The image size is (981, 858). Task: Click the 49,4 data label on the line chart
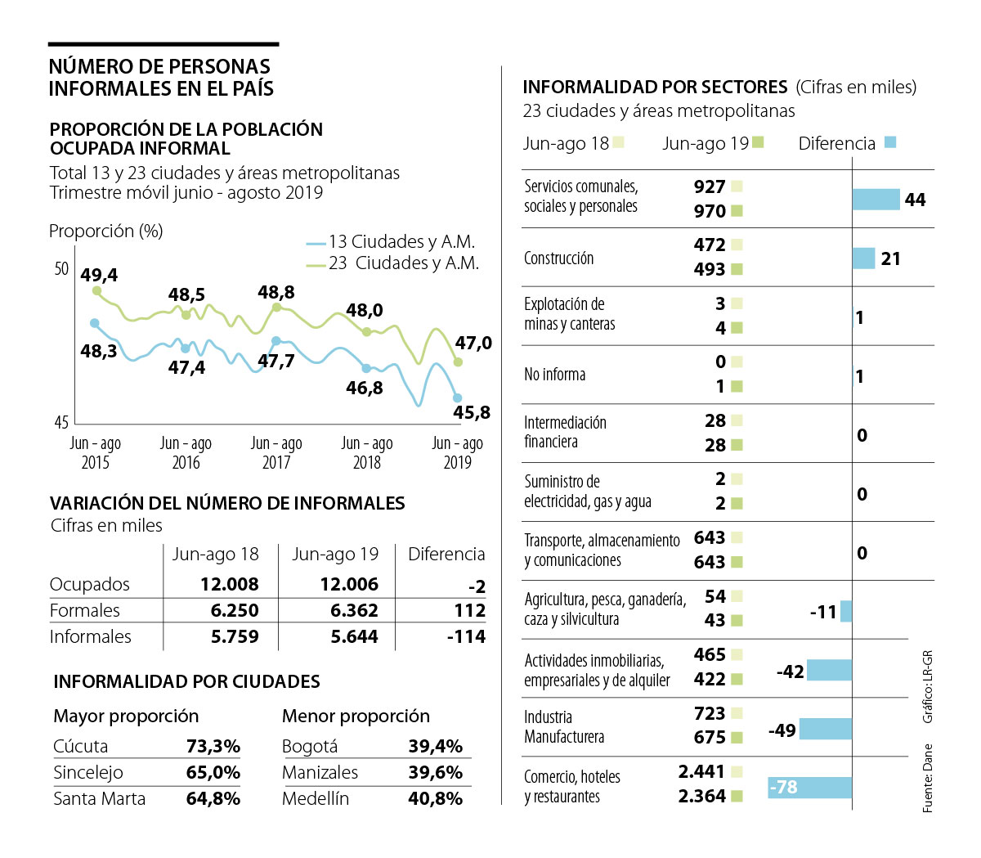point(99,275)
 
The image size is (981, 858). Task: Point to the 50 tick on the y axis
point(61,268)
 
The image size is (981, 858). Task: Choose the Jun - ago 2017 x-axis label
point(276,452)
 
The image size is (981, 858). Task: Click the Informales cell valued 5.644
point(354,636)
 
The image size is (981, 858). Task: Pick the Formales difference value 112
point(469,610)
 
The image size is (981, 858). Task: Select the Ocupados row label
point(90,584)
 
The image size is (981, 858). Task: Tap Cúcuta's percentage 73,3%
point(213,746)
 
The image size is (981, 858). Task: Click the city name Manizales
point(320,772)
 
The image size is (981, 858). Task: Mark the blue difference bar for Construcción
point(863,258)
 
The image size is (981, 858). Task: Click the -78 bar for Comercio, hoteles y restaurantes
point(809,788)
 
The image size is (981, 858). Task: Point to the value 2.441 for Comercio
point(701,771)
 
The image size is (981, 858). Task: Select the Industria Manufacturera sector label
point(564,726)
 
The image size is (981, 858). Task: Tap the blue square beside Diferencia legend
point(890,142)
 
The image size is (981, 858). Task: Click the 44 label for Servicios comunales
point(915,200)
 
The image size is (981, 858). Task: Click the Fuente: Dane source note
point(928,778)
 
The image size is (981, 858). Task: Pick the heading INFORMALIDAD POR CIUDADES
point(186,681)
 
